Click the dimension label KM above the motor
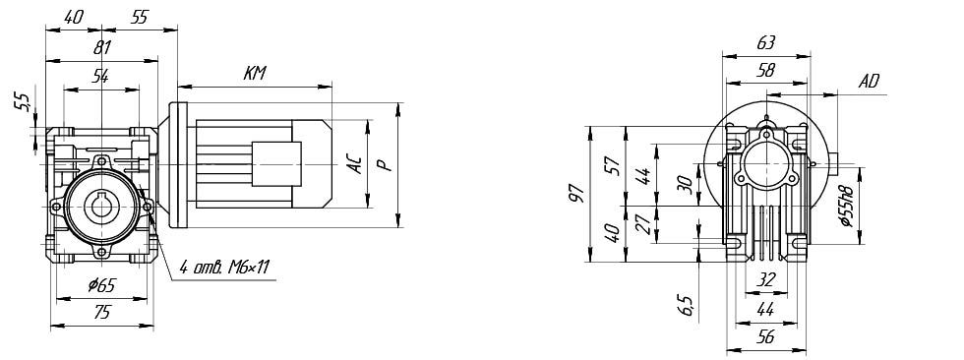(x=255, y=74)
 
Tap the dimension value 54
(x=100, y=76)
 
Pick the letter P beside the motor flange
(x=383, y=164)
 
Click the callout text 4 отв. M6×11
(x=225, y=267)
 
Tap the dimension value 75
(x=102, y=312)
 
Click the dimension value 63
(x=766, y=42)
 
